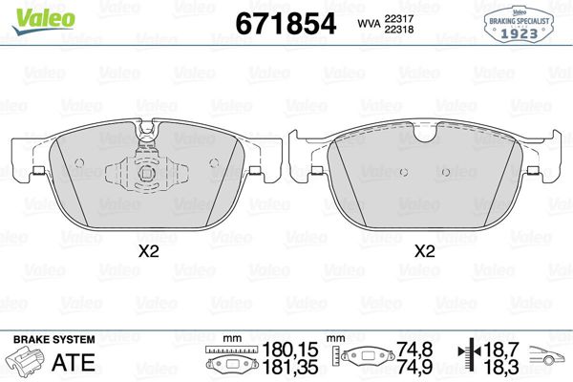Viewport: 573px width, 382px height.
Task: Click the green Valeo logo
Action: tap(44, 21)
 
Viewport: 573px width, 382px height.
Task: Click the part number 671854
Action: tap(286, 24)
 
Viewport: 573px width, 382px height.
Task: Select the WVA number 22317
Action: tap(398, 18)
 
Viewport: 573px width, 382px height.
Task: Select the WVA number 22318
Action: tap(398, 30)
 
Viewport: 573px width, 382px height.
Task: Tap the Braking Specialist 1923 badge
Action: tap(519, 24)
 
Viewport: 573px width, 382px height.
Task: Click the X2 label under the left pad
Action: tap(149, 251)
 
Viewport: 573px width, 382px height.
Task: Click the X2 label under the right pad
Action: tap(425, 251)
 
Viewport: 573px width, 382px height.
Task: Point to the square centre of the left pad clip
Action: tap(147, 172)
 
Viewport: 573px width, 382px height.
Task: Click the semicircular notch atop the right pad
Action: tap(425, 133)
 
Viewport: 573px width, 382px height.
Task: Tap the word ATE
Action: tap(74, 362)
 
